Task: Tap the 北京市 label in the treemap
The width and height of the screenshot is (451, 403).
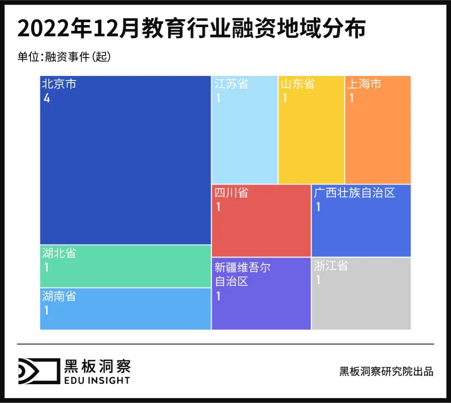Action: pos(59,84)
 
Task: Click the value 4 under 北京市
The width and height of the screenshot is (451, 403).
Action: pos(46,99)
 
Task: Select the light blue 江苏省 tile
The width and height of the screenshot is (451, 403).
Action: pos(244,129)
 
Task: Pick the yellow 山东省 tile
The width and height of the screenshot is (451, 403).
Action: pos(311,129)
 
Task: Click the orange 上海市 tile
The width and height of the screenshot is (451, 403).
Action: pos(378,129)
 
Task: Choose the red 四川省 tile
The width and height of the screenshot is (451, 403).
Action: pos(261,221)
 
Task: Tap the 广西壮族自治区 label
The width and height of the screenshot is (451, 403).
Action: pos(354,193)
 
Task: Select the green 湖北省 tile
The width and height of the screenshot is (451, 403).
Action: pos(125,266)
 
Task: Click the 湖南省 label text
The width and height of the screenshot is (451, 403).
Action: pos(59,297)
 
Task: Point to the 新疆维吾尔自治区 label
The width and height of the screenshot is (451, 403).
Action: pos(242,274)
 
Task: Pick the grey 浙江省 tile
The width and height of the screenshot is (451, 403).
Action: pos(361,293)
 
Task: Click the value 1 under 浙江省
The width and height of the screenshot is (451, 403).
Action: pos(318,280)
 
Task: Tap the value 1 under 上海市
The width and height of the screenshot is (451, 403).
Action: pos(351,99)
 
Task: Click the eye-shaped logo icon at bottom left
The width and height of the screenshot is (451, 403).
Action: pos(38,371)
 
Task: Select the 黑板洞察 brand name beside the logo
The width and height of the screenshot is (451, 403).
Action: pos(97,366)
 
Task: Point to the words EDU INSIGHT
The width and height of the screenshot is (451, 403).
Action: pos(97,380)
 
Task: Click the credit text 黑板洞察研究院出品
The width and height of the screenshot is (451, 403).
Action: pos(386,371)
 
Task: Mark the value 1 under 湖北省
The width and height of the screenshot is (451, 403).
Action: pos(46,267)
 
